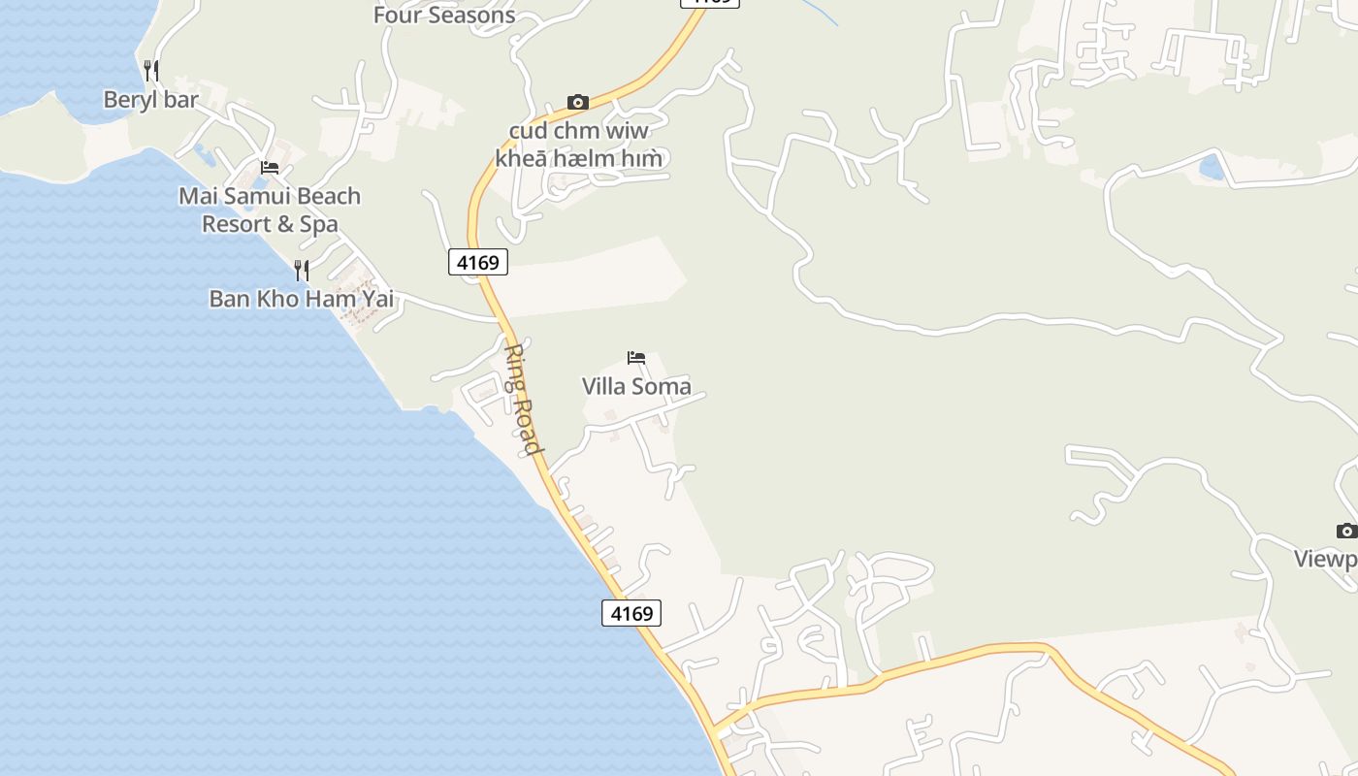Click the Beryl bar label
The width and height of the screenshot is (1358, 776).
pyautogui.click(x=150, y=100)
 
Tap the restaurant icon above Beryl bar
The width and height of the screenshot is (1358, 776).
pyautogui.click(x=150, y=70)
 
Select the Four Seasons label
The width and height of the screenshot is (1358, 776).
pyautogui.click(x=443, y=15)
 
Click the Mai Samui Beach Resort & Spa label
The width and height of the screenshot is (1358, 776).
pyautogui.click(x=270, y=210)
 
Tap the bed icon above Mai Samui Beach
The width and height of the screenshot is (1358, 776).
pyautogui.click(x=270, y=168)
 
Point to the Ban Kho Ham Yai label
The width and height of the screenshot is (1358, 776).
pyautogui.click(x=302, y=299)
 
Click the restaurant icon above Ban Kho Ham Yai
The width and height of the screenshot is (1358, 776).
pyautogui.click(x=302, y=270)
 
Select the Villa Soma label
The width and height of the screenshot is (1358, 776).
pyautogui.click(x=636, y=386)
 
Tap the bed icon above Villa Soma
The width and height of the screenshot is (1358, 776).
pyautogui.click(x=636, y=358)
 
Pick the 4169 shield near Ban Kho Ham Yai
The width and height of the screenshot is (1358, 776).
pyautogui.click(x=478, y=262)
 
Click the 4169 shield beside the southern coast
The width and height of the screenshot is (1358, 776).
pyautogui.click(x=631, y=613)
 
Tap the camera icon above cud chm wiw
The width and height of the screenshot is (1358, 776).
pyautogui.click(x=578, y=103)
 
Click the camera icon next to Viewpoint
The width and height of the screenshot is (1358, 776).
pyautogui.click(x=1346, y=531)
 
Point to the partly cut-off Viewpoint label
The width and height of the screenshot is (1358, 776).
pyautogui.click(x=1327, y=560)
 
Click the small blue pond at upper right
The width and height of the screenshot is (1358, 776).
pyautogui.click(x=1212, y=167)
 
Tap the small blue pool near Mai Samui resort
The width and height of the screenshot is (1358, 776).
pyautogui.click(x=203, y=152)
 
